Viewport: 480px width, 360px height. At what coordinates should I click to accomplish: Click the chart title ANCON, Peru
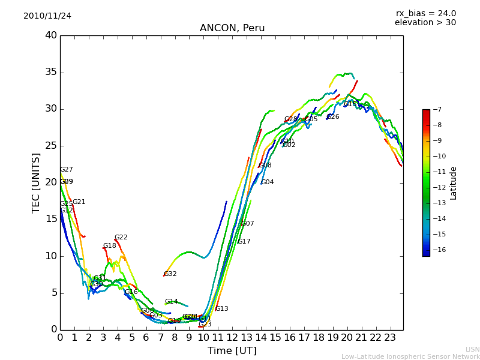coord(232,28)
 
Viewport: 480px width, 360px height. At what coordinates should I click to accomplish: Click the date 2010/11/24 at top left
coord(47,16)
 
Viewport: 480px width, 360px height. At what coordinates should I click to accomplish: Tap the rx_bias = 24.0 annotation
coord(425,14)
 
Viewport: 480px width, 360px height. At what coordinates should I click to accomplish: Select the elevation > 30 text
coord(425,23)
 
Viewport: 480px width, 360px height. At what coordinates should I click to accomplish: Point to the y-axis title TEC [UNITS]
coord(36,182)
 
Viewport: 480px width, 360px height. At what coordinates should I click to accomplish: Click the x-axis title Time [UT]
coord(232,351)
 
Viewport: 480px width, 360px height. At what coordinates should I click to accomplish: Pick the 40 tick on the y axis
coord(51,35)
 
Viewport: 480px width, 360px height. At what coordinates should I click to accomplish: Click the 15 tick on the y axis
coord(51,219)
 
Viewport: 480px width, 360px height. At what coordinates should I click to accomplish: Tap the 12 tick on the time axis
coord(232,337)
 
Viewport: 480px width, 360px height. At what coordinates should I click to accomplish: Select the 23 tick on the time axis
coord(390,337)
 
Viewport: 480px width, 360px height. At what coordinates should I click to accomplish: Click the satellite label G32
coord(170,274)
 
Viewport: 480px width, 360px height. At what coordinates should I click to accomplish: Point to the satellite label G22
coord(121,238)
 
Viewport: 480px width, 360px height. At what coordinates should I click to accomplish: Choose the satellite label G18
coord(110,246)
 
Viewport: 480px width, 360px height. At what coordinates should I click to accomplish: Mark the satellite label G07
coord(248,224)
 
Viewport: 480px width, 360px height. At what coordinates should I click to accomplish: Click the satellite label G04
coord(268,182)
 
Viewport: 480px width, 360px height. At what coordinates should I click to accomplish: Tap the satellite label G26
coord(333,117)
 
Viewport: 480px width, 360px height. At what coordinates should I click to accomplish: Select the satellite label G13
coord(222,309)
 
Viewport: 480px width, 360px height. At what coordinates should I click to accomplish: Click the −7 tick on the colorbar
coord(437,110)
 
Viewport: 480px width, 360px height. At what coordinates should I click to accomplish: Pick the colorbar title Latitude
coord(454,183)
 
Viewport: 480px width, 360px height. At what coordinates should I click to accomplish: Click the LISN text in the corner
coord(473,349)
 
